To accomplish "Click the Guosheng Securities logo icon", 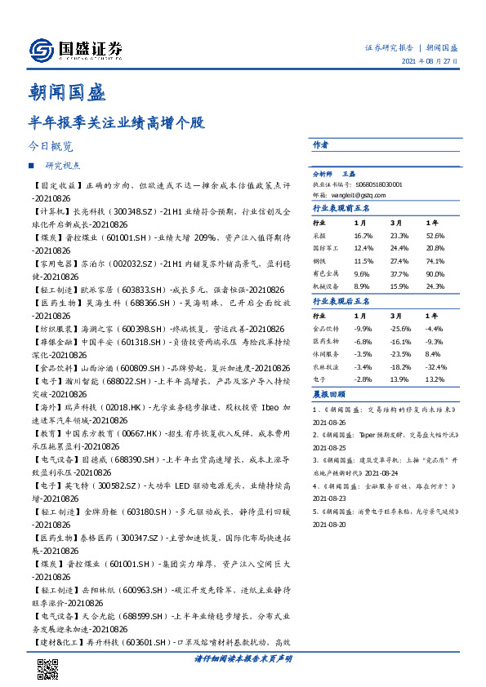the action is pos(40,51).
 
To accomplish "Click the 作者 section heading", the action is pos(321,145).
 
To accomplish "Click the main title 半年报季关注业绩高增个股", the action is pos(116,124).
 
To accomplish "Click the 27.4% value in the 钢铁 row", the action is pos(399,261).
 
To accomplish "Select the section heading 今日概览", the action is pos(50,148).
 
